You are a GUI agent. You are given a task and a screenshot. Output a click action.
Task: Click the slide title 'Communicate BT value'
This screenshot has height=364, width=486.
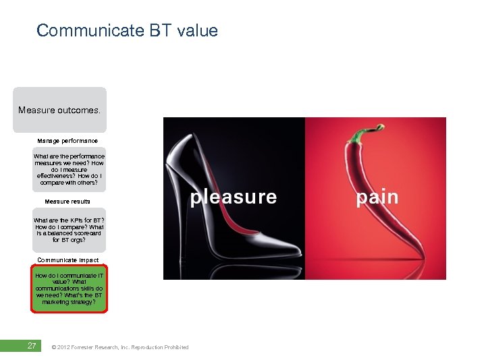127,30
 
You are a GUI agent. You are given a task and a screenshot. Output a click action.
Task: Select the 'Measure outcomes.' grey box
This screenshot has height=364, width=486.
59,110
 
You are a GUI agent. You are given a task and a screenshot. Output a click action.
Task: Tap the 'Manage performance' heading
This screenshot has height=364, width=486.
67,141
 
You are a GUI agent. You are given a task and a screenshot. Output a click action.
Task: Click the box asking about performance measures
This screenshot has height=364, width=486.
69,169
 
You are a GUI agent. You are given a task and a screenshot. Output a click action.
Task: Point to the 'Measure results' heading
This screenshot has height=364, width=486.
67,202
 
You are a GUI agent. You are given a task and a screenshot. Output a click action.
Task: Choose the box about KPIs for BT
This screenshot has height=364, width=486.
69,230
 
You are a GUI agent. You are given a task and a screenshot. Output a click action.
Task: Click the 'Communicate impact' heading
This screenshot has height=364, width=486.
68,260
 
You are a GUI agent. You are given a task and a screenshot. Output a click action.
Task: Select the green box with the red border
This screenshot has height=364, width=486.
69,289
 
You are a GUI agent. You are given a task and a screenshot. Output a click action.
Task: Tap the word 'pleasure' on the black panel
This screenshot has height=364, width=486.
234,197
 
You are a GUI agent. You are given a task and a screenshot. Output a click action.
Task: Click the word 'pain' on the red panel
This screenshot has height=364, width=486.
377,197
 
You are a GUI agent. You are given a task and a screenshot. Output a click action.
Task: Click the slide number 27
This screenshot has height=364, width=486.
31,346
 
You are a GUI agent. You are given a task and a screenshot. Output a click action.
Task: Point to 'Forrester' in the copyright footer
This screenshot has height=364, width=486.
89,347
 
